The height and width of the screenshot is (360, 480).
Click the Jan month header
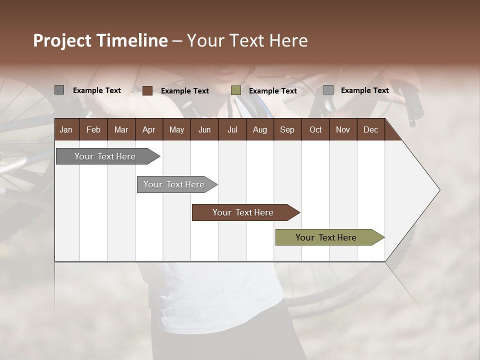click(66, 129)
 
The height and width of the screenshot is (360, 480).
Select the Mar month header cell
click(121, 129)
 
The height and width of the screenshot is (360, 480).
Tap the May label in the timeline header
click(176, 129)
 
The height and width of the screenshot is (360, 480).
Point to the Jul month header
click(232, 129)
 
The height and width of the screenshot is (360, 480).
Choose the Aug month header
click(259, 129)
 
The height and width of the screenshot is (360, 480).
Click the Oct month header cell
click(315, 129)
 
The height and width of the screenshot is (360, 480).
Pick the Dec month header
click(370, 129)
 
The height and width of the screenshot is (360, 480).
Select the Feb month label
click(93, 129)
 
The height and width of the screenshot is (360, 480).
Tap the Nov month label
click(342, 129)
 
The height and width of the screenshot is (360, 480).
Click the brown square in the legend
click(147, 90)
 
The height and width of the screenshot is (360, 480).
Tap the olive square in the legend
click(236, 90)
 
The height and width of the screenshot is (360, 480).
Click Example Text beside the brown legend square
click(185, 91)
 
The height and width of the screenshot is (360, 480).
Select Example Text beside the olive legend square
click(273, 91)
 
